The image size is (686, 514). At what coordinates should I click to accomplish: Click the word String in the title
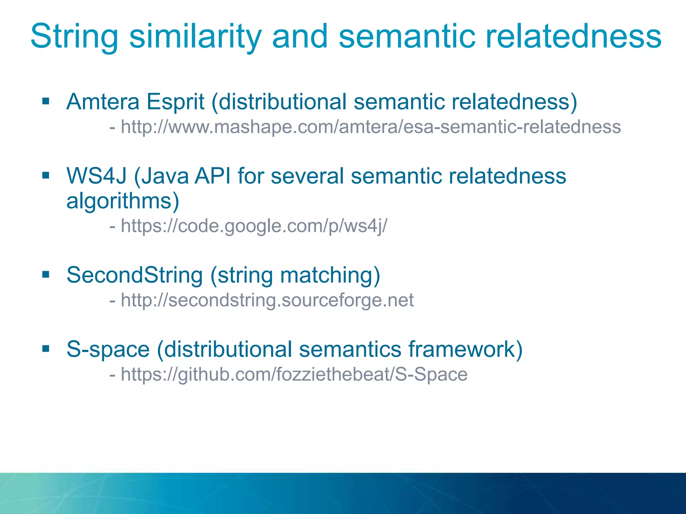click(x=74, y=37)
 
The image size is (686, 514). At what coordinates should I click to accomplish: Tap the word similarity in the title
click(x=195, y=37)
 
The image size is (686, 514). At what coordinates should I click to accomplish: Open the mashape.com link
click(x=371, y=127)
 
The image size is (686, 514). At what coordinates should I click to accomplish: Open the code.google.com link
click(x=254, y=226)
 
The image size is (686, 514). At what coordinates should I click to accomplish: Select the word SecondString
click(x=135, y=275)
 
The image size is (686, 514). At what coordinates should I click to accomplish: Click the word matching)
click(x=330, y=275)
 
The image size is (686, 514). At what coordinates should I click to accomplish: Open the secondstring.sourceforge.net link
click(x=267, y=300)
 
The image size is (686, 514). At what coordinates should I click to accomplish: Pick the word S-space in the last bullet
click(x=108, y=349)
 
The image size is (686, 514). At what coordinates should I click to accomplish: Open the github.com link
click(x=294, y=374)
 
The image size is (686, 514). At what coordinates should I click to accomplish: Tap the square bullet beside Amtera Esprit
click(x=46, y=101)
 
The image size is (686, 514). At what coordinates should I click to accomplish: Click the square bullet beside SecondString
click(x=46, y=275)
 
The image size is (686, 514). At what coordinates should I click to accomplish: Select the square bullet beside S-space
click(x=46, y=349)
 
